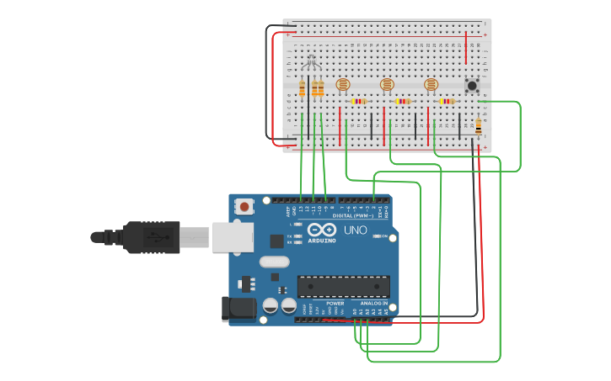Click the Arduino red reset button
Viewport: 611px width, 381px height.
[244, 205]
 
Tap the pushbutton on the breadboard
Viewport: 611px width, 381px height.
[472, 85]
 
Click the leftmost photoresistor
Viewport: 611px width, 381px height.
[342, 84]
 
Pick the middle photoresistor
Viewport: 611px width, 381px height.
[387, 84]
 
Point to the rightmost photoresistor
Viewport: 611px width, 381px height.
[431, 84]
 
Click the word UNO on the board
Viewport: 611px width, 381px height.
[355, 230]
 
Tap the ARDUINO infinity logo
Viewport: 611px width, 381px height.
[322, 230]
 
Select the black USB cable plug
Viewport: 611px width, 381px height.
[152, 237]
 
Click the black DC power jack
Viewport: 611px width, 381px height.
[238, 309]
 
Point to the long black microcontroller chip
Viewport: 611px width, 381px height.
[343, 286]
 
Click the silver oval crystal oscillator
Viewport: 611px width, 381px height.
[274, 262]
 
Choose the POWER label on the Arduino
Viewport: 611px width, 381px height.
[335, 304]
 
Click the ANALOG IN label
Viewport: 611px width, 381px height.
[373, 304]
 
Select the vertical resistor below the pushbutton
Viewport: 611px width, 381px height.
[479, 126]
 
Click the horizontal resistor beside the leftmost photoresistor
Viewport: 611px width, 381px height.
[359, 101]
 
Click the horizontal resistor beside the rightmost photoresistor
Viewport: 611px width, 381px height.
[447, 101]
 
